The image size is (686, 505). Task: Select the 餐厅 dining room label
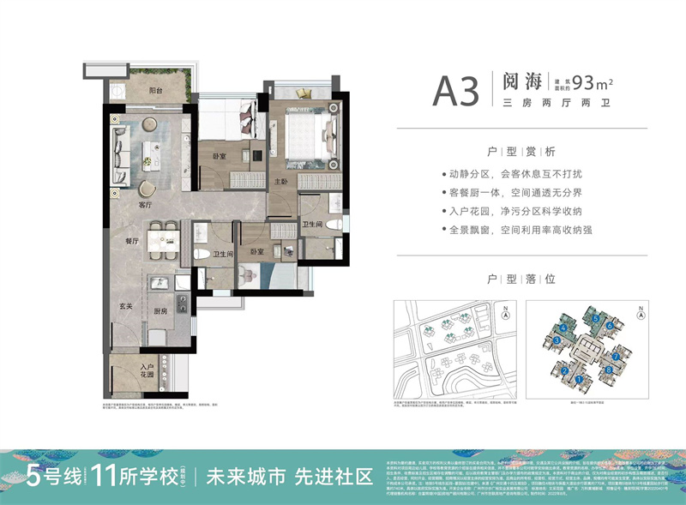tap(132, 243)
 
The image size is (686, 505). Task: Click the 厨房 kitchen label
tap(160, 312)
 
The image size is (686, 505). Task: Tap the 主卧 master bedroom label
tap(282, 182)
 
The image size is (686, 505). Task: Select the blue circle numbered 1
tap(580, 378)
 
